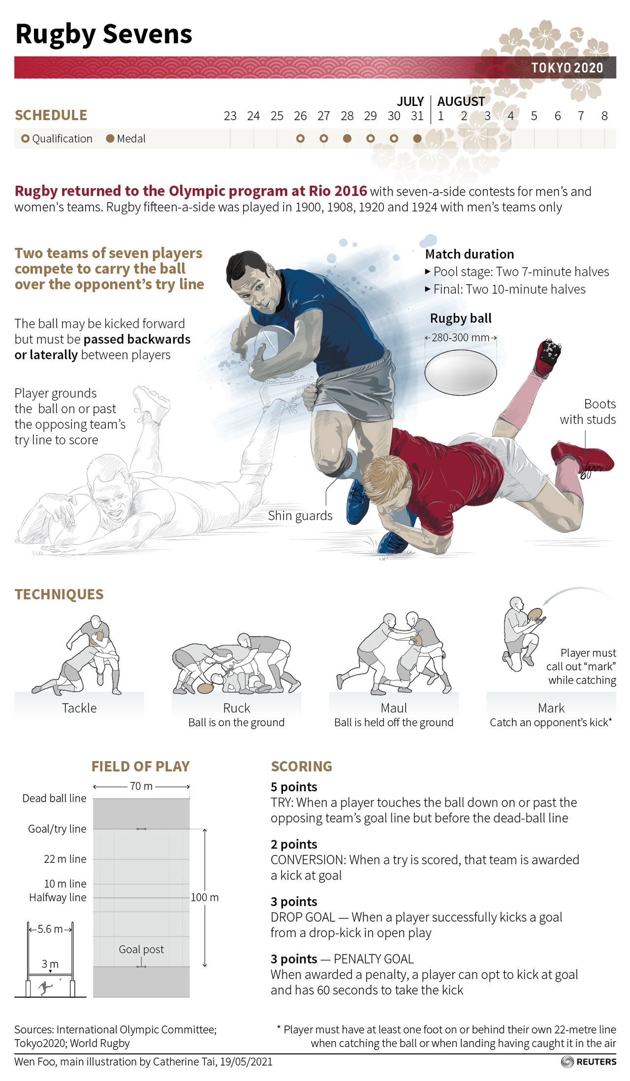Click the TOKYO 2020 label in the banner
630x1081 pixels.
point(567,68)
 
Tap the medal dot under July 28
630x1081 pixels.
point(347,138)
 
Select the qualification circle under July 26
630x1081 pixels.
point(300,138)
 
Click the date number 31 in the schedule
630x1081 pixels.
point(417,116)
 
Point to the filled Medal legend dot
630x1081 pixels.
point(110,138)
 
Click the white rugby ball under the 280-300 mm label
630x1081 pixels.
point(461,372)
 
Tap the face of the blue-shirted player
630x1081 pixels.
point(257,289)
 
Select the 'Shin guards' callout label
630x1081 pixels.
point(300,516)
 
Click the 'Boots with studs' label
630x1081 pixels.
point(588,411)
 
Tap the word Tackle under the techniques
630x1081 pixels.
point(79,708)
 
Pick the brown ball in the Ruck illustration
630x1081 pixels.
point(205,688)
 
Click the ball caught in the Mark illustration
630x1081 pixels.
point(535,614)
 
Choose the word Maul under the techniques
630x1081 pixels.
point(394,708)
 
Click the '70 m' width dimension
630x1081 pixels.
point(141,786)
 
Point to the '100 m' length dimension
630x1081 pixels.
point(205,897)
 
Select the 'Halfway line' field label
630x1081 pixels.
point(58,897)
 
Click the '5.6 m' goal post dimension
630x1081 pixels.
point(50,929)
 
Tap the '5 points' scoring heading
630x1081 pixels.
point(294,787)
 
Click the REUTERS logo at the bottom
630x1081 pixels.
point(589,1061)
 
